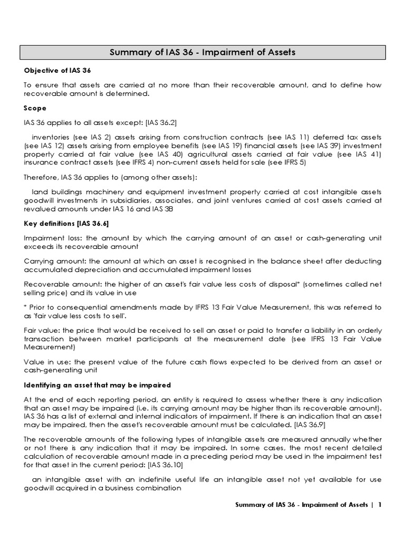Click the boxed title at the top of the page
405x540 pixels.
[202, 52]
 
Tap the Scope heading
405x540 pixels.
[35, 108]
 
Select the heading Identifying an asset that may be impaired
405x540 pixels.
[98, 385]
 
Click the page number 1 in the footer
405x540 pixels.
[379, 505]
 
